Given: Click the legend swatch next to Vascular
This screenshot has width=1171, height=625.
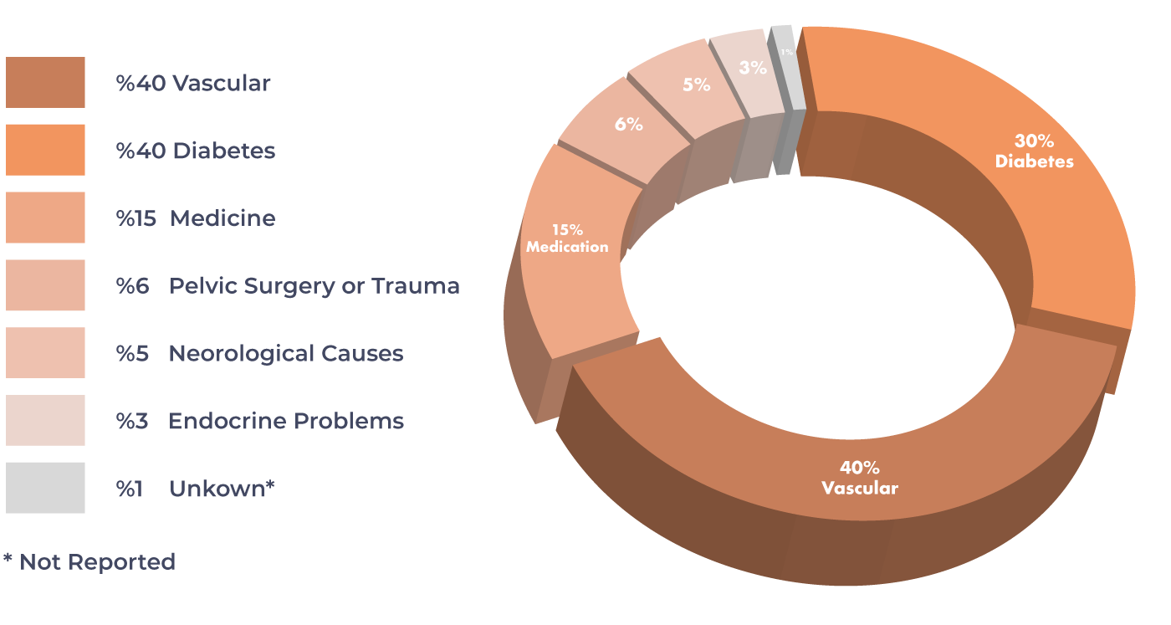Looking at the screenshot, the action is click(45, 83).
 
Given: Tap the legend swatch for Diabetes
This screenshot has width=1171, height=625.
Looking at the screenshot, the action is click(45, 150).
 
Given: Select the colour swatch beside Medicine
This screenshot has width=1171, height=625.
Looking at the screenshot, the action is click(45, 218).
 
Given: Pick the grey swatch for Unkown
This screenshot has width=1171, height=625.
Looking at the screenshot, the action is click(45, 488).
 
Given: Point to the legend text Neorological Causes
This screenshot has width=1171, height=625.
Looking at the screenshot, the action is click(286, 354).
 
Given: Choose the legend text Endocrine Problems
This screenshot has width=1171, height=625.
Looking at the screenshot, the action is click(286, 421).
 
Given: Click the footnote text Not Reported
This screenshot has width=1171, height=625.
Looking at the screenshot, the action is click(97, 562).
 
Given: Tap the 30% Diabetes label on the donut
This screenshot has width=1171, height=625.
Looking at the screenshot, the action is click(1034, 151).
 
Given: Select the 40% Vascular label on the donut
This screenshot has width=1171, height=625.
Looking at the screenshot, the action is click(860, 478).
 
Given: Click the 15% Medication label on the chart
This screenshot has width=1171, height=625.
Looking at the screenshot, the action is click(567, 238).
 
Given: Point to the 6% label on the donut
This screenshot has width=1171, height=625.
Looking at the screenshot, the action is click(629, 124).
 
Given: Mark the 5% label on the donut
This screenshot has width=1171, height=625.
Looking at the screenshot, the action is click(697, 85).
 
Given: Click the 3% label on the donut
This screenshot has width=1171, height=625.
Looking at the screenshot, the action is click(753, 68).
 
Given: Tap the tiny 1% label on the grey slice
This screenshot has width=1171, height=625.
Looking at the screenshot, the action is click(787, 52).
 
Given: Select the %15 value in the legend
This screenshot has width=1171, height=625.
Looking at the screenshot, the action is click(136, 218).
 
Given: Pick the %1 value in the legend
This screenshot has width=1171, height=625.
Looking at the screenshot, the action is click(129, 489).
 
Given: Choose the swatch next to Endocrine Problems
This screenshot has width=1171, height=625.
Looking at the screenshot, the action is click(45, 421).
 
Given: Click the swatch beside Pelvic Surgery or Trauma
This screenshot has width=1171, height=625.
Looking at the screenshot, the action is click(45, 285).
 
